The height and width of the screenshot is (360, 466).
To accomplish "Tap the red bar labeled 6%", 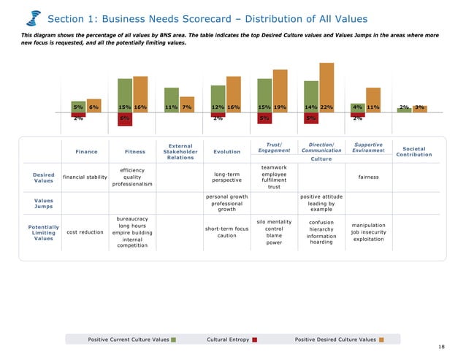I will coord(125,119).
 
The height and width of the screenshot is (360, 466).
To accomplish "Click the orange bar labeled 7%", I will coord(187,104).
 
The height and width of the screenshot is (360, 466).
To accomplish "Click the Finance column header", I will coord(86,152).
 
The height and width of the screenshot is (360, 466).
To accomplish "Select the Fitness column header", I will coord(135,152).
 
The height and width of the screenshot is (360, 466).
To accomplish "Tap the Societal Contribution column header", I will coord(413,152).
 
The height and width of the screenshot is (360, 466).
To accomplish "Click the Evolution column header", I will coord(226,152).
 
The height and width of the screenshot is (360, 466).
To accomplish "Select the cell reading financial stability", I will coord(85,177).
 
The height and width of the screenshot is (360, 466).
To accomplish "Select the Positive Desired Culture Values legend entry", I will coord(339,340).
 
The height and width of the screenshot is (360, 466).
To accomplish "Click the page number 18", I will coord(441,347).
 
